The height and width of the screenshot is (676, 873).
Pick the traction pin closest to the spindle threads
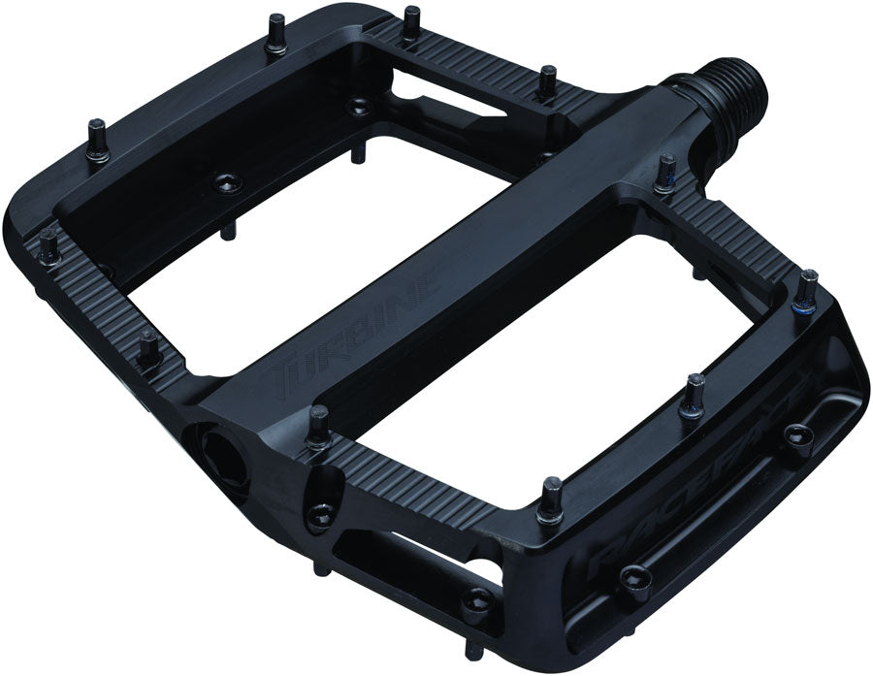click(666, 175)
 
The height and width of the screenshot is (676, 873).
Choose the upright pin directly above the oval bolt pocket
click(319, 427)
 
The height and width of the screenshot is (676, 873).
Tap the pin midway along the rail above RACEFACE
click(692, 393)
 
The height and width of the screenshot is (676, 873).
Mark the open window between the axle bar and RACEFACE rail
click(553, 359)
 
